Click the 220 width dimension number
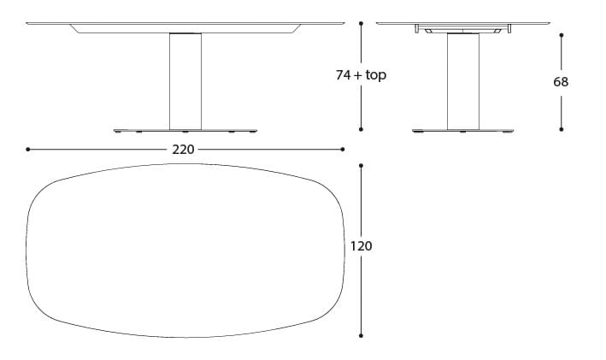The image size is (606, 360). coord(184,150)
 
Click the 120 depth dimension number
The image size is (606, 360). coord(362,246)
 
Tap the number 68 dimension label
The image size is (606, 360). coord(561,82)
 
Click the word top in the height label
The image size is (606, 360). coord(376,76)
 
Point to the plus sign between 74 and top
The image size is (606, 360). coord(359,75)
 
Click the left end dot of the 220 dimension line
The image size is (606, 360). coord(28,149)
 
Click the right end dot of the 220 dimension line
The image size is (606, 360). coord(343,149)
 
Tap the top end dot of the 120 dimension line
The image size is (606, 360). coord(362,168)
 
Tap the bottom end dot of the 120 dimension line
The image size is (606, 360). coord(362,336)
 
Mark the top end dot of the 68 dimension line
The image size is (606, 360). coord(562,35)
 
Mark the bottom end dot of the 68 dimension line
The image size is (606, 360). coord(562,129)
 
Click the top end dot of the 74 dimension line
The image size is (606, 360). coord(362,23)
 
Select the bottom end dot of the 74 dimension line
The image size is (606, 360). coord(362,129)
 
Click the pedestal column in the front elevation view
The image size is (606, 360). coord(185,81)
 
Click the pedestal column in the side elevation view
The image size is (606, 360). coord(462,81)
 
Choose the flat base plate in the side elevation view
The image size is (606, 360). coord(462,130)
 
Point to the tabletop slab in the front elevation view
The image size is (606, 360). coord(185,24)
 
